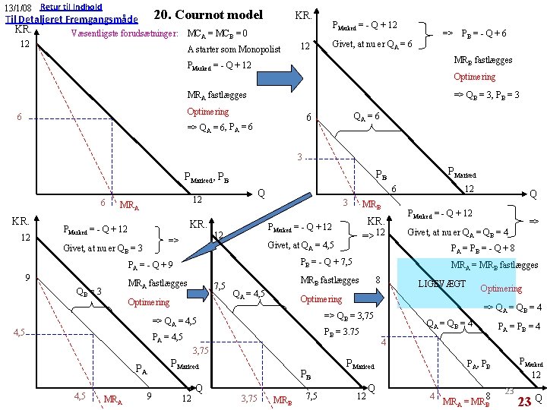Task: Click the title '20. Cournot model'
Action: click(x=207, y=14)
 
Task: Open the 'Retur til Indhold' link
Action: click(x=71, y=6)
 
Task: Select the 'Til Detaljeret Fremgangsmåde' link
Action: click(x=71, y=20)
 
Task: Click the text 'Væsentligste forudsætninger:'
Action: click(x=125, y=34)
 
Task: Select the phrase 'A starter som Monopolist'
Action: click(x=234, y=50)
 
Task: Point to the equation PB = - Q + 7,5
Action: click(x=326, y=262)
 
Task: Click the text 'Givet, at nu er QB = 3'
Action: click(x=103, y=248)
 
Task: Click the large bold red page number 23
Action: click(x=523, y=400)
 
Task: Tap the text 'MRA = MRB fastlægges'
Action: click(x=494, y=265)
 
